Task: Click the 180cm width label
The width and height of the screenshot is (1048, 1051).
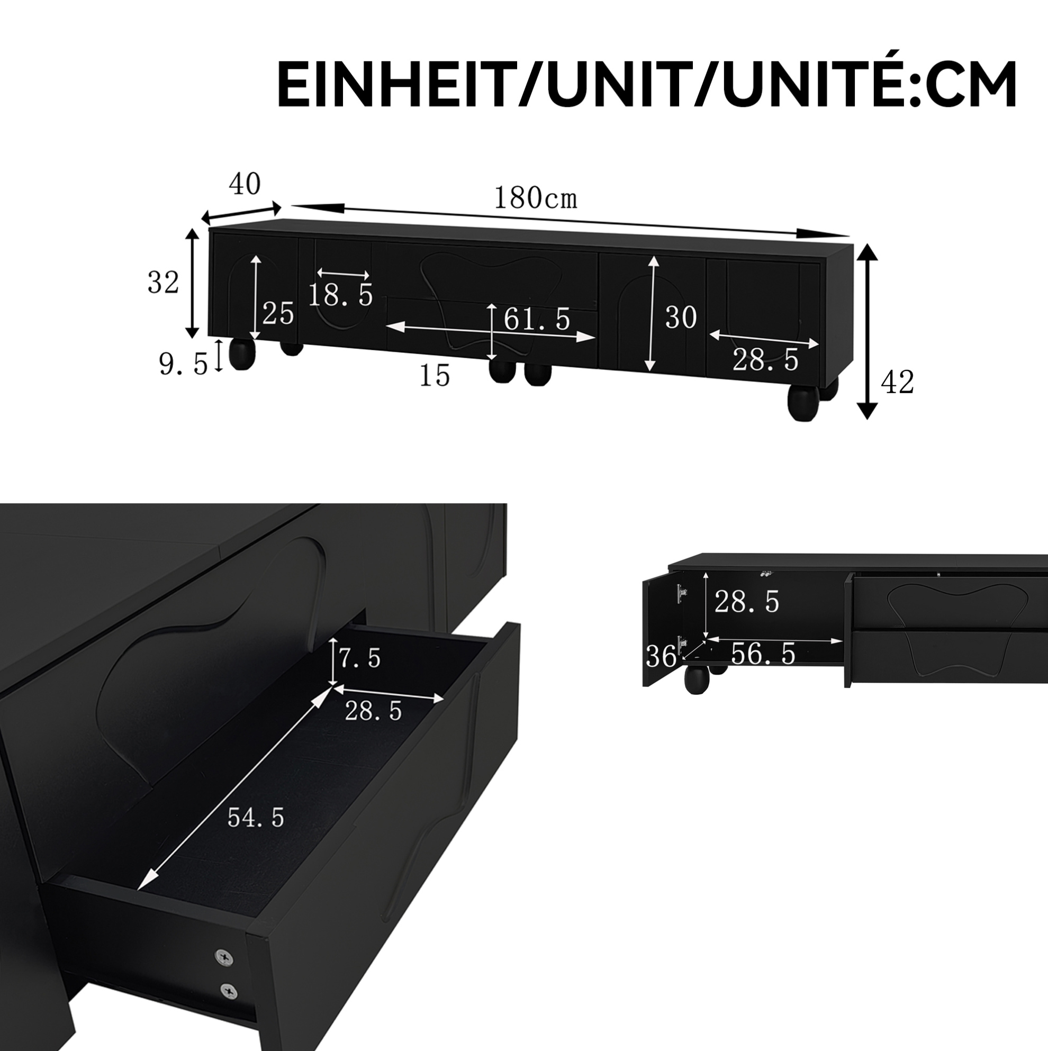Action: click(535, 198)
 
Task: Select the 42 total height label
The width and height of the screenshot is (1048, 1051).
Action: click(897, 383)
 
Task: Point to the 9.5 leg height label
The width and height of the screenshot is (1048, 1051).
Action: click(183, 364)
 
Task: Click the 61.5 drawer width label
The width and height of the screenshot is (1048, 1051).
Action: click(537, 319)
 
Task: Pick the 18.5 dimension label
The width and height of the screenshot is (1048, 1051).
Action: click(341, 295)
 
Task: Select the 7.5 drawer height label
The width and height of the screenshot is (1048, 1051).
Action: click(360, 659)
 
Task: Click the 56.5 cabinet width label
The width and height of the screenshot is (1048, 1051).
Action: click(763, 654)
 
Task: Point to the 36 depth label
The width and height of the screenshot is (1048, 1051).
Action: click(661, 657)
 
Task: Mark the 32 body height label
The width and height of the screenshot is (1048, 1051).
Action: click(163, 283)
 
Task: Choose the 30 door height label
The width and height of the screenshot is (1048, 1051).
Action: click(681, 317)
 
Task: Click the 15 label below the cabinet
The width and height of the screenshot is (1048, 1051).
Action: click(435, 375)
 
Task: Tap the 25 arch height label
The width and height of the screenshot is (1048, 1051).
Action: click(278, 313)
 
